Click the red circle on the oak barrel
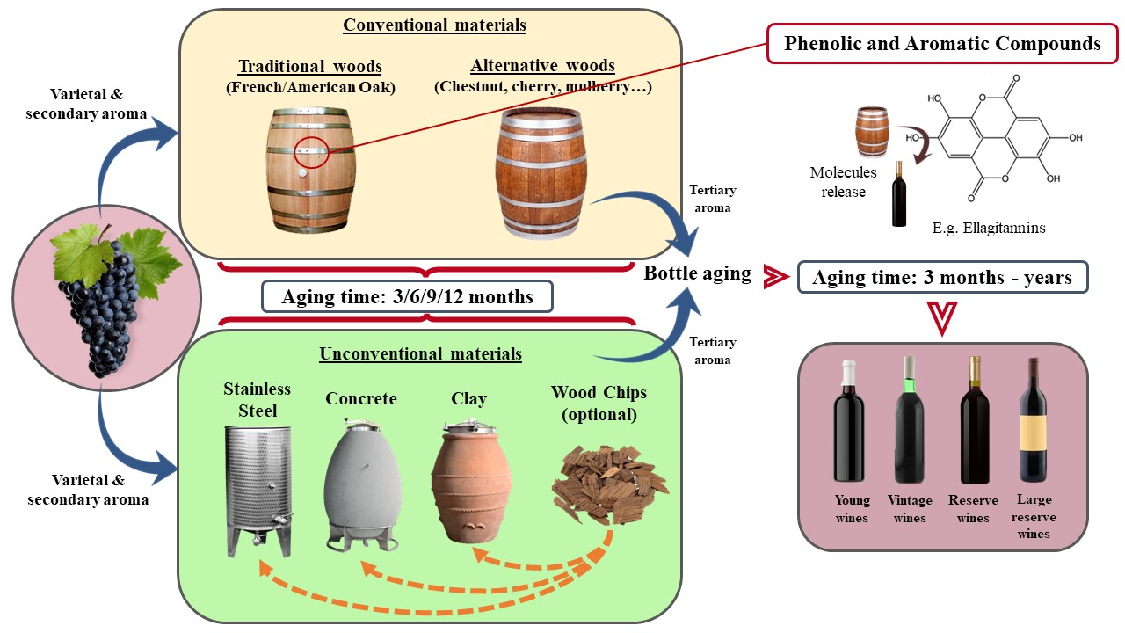tap(312, 152)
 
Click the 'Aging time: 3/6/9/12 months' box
tap(407, 296)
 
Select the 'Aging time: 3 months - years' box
tap(942, 278)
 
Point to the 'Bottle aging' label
tap(697, 273)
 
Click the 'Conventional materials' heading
tap(434, 25)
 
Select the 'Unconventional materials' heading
tap(420, 353)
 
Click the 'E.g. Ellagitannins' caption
tap(988, 229)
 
